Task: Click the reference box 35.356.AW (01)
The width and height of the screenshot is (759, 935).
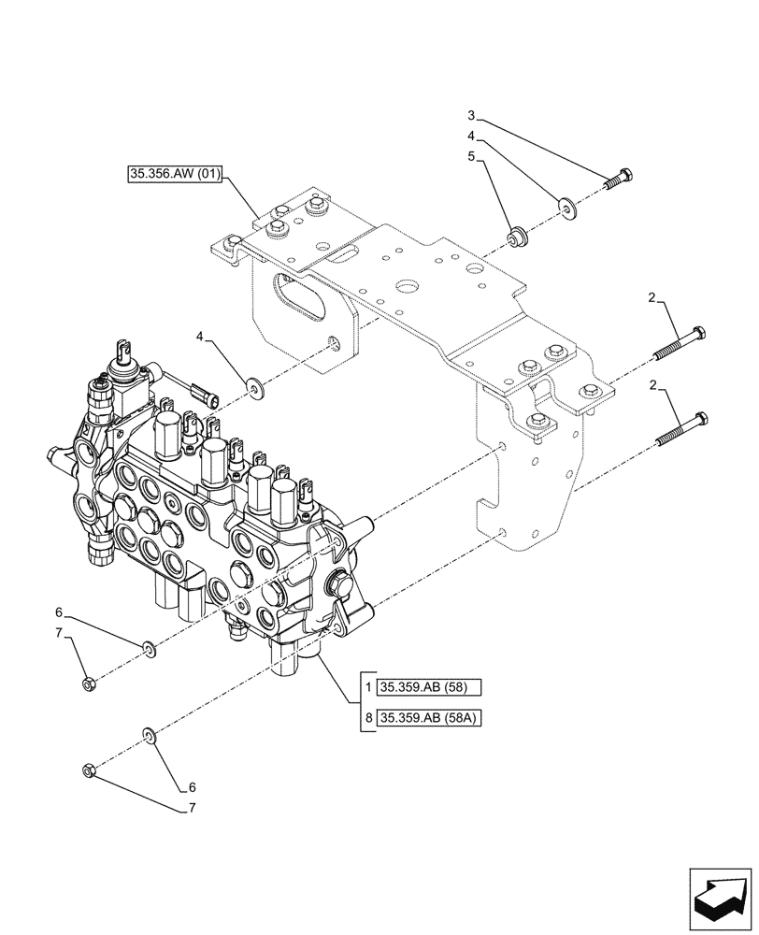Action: click(x=173, y=175)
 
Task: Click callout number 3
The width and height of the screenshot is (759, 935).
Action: click(x=472, y=116)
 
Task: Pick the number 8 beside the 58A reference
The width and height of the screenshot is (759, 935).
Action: click(x=370, y=718)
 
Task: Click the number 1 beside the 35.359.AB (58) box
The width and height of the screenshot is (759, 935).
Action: click(x=370, y=688)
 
